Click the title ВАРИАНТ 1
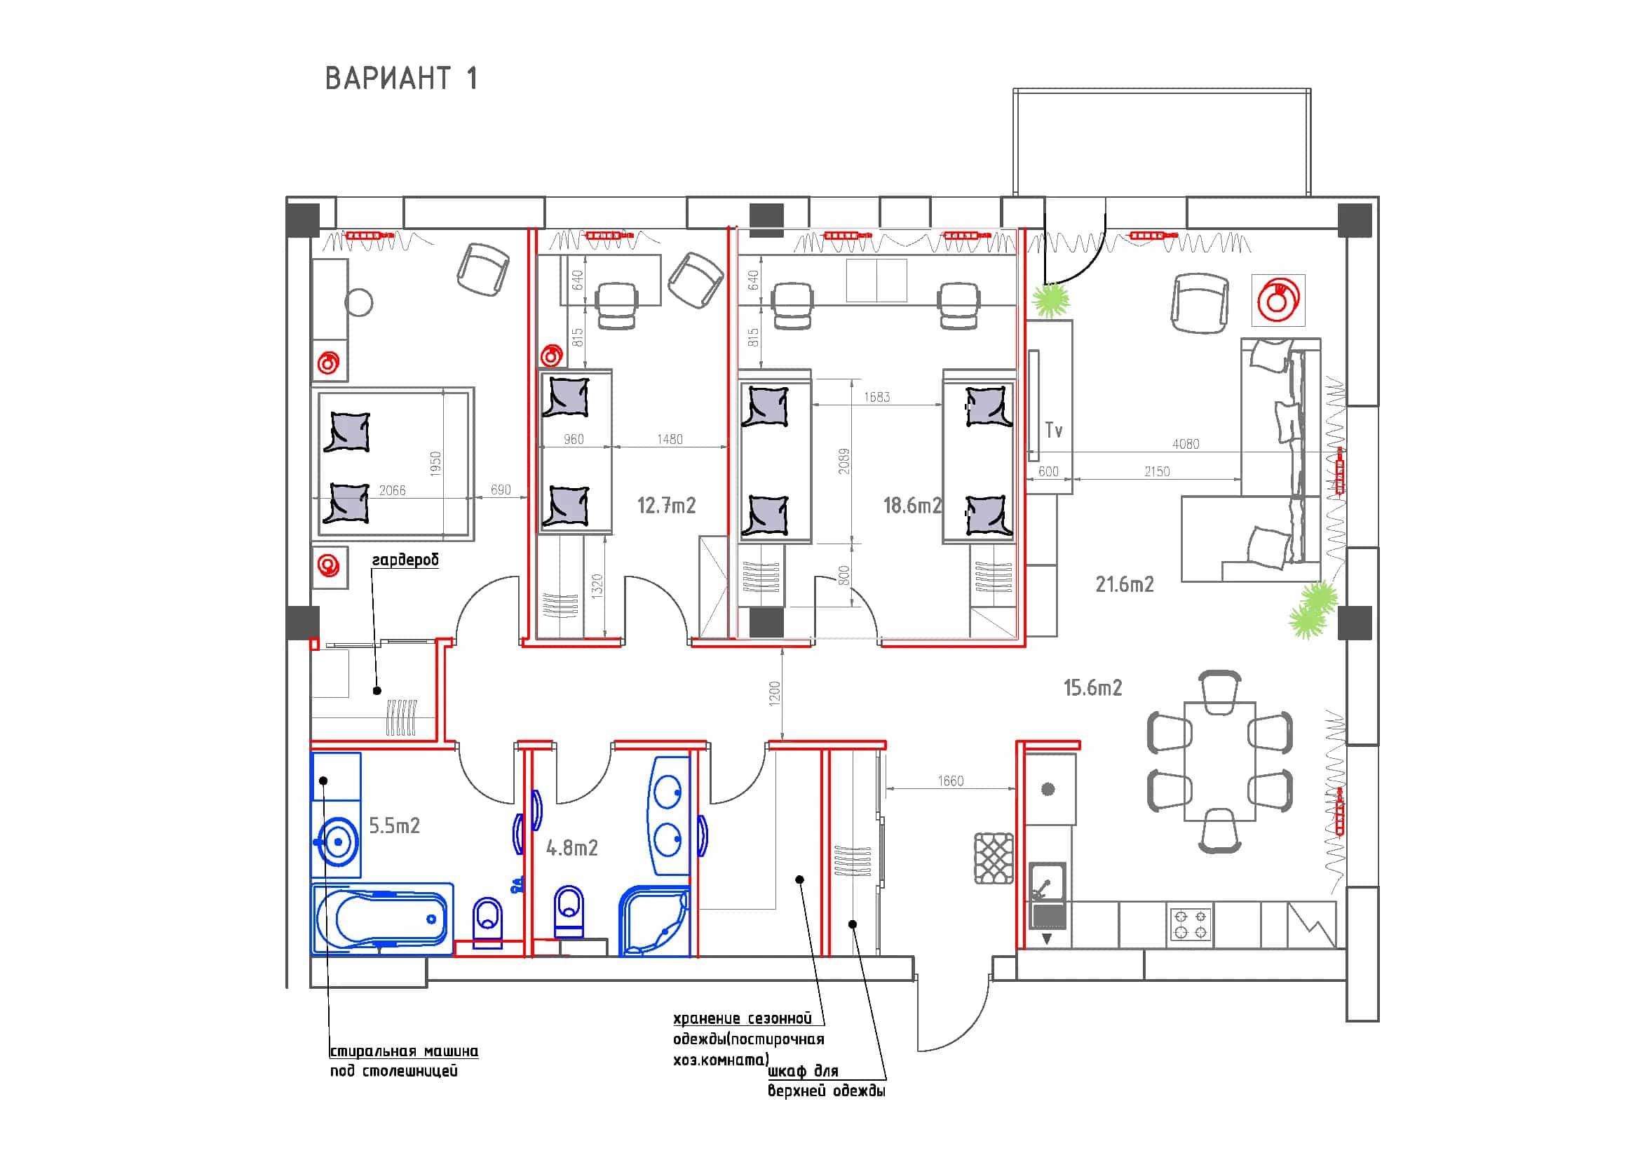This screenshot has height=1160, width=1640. pyautogui.click(x=402, y=79)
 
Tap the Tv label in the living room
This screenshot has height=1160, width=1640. pyautogui.click(x=1054, y=430)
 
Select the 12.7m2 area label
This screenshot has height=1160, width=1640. pyautogui.click(x=666, y=506)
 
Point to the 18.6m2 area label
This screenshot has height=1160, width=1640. pyautogui.click(x=913, y=506)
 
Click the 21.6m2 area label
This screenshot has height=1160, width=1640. pyautogui.click(x=1124, y=584)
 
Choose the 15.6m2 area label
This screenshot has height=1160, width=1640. pyautogui.click(x=1093, y=688)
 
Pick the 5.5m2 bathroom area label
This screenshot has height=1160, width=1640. pyautogui.click(x=394, y=825)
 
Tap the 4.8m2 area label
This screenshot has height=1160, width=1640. pyautogui.click(x=571, y=848)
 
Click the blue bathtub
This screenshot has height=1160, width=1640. pyautogui.click(x=383, y=919)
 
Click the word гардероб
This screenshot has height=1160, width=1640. pyautogui.click(x=405, y=559)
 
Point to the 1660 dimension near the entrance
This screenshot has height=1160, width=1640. pyautogui.click(x=951, y=781)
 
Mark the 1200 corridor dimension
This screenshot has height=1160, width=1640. pyautogui.click(x=775, y=694)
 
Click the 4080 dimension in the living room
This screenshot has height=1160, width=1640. pyautogui.click(x=1186, y=443)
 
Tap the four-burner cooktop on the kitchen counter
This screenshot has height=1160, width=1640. pyautogui.click(x=1190, y=924)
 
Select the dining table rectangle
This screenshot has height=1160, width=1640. pyautogui.click(x=1220, y=762)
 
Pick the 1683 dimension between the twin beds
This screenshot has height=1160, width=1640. pyautogui.click(x=877, y=397)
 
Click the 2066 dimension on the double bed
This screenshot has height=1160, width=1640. pyautogui.click(x=392, y=490)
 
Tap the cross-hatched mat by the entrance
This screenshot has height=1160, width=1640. pyautogui.click(x=994, y=858)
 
